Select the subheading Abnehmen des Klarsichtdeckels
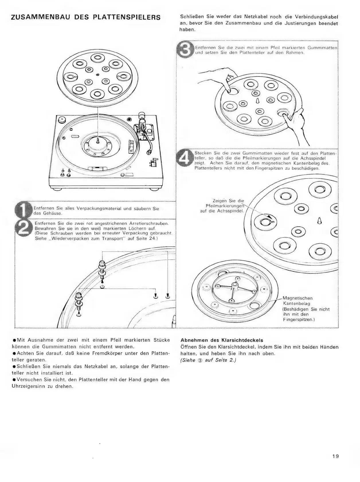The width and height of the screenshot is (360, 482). point(222,340)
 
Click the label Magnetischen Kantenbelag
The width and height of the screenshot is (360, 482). point(297,301)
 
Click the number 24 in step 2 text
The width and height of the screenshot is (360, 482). point(152,238)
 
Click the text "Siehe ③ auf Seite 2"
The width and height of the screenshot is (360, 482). point(208,361)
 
